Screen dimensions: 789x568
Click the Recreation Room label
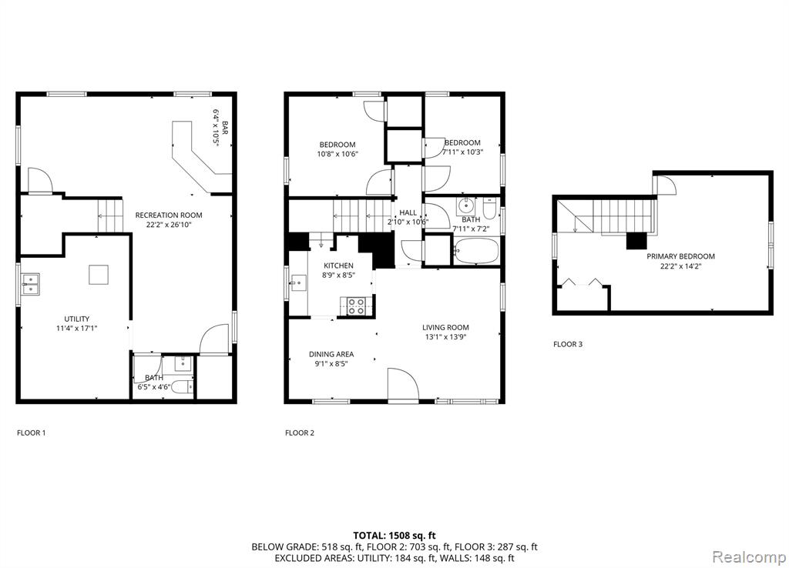tap(169, 216)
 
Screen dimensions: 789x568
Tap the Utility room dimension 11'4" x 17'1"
tap(77, 328)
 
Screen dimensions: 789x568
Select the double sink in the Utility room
tap(30, 283)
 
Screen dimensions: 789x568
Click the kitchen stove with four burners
tap(356, 306)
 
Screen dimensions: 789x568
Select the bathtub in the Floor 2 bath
tap(476, 251)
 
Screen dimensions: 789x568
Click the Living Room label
tap(445, 328)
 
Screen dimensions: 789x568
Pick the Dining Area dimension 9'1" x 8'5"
tap(331, 364)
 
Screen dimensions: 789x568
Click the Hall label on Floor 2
tap(408, 212)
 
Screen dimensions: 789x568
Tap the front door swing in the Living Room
tap(403, 385)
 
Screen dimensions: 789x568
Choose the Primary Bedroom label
tap(680, 256)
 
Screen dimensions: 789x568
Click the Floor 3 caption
tap(568, 344)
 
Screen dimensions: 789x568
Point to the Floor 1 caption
tap(31, 433)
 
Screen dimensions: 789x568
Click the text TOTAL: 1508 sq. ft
tap(394, 536)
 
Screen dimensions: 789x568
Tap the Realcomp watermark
tap(749, 557)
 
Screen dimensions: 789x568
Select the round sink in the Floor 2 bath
tap(466, 206)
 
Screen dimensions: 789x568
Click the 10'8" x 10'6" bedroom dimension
tap(337, 155)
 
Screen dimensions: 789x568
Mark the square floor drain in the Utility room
tap(98, 275)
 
